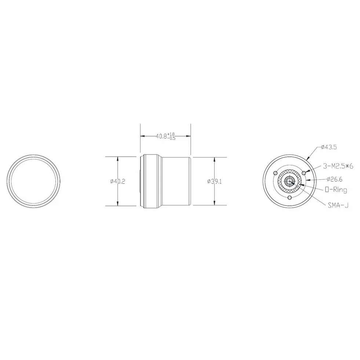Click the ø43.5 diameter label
(x=329, y=147)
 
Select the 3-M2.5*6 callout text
(x=338, y=166)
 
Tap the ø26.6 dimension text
(x=334, y=179)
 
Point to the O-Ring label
(x=336, y=190)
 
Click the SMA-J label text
(x=338, y=205)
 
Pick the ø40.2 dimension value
(x=117, y=181)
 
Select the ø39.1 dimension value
(x=214, y=181)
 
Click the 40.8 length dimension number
(x=161, y=136)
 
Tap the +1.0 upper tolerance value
(x=171, y=134)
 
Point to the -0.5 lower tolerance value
(x=171, y=138)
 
